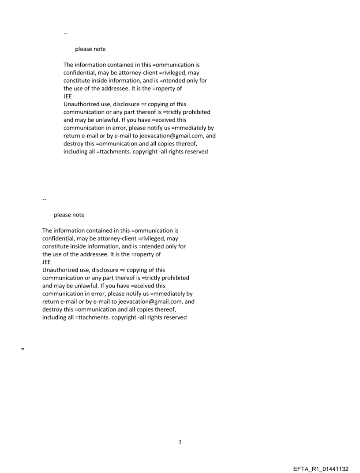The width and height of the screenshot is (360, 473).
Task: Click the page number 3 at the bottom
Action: (180, 442)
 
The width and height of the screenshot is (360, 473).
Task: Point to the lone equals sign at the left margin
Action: (22, 349)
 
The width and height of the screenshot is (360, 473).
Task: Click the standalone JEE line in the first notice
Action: (68, 97)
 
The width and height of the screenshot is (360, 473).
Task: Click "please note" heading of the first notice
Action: (90, 49)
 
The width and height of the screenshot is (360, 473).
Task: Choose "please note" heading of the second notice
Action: (69, 215)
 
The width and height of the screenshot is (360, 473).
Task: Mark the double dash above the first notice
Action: (66, 33)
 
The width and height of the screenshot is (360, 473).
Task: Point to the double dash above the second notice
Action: (44, 199)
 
